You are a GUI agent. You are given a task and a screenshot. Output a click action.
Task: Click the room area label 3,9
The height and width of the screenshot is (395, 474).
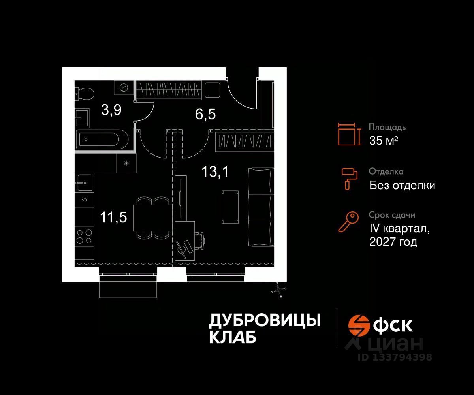[x=111, y=110]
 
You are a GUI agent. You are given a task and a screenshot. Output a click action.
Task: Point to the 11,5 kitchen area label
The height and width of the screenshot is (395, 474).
[x=113, y=217]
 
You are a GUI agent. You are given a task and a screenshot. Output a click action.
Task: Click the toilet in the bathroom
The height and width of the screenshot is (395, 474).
[x=84, y=93]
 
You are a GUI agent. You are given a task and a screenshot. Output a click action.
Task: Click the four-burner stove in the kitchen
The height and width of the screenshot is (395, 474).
[x=84, y=236]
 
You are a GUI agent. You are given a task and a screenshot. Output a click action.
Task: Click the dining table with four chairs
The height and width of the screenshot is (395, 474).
[x=152, y=218]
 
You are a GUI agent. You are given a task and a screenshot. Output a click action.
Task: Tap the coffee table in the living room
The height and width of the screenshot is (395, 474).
[x=230, y=207]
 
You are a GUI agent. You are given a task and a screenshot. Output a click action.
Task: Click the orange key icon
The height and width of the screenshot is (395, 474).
[x=348, y=222]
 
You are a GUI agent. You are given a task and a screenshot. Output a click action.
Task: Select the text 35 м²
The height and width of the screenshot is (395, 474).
[x=383, y=140]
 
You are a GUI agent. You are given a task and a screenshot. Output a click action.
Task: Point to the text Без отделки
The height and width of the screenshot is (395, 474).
[x=402, y=185]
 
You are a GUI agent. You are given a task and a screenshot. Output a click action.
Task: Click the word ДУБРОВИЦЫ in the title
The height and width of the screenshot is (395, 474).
[x=264, y=320]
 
